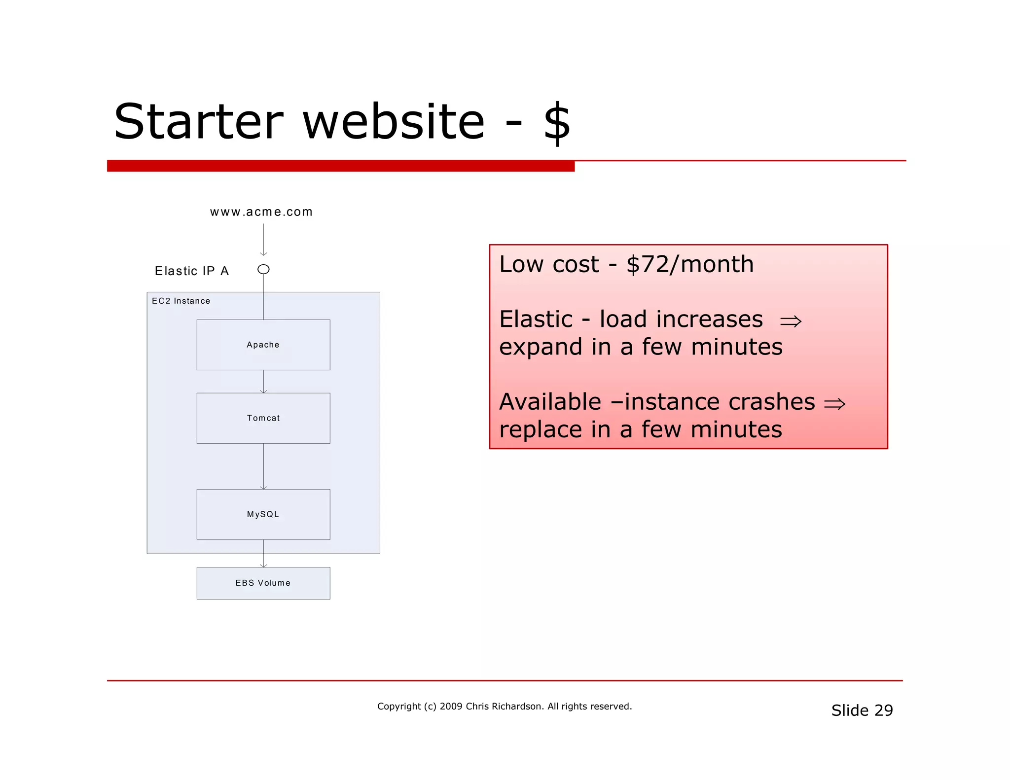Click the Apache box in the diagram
pos(263,345)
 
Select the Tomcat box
pos(263,418)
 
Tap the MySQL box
pos(263,514)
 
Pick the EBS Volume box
pos(263,583)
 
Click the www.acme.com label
pos(261,212)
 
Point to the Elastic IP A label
pos(192,271)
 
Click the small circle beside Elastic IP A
pos(263,269)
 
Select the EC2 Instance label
pos(181,301)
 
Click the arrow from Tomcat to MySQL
pos(263,466)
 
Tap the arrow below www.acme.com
pos(263,240)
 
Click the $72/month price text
pos(690,264)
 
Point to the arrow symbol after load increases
pos(791,321)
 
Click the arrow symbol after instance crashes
pos(834,404)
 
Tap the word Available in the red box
pos(550,402)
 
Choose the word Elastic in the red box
pos(536,319)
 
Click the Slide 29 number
pos(862,710)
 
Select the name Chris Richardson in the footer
pos(504,706)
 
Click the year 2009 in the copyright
pos(451,706)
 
